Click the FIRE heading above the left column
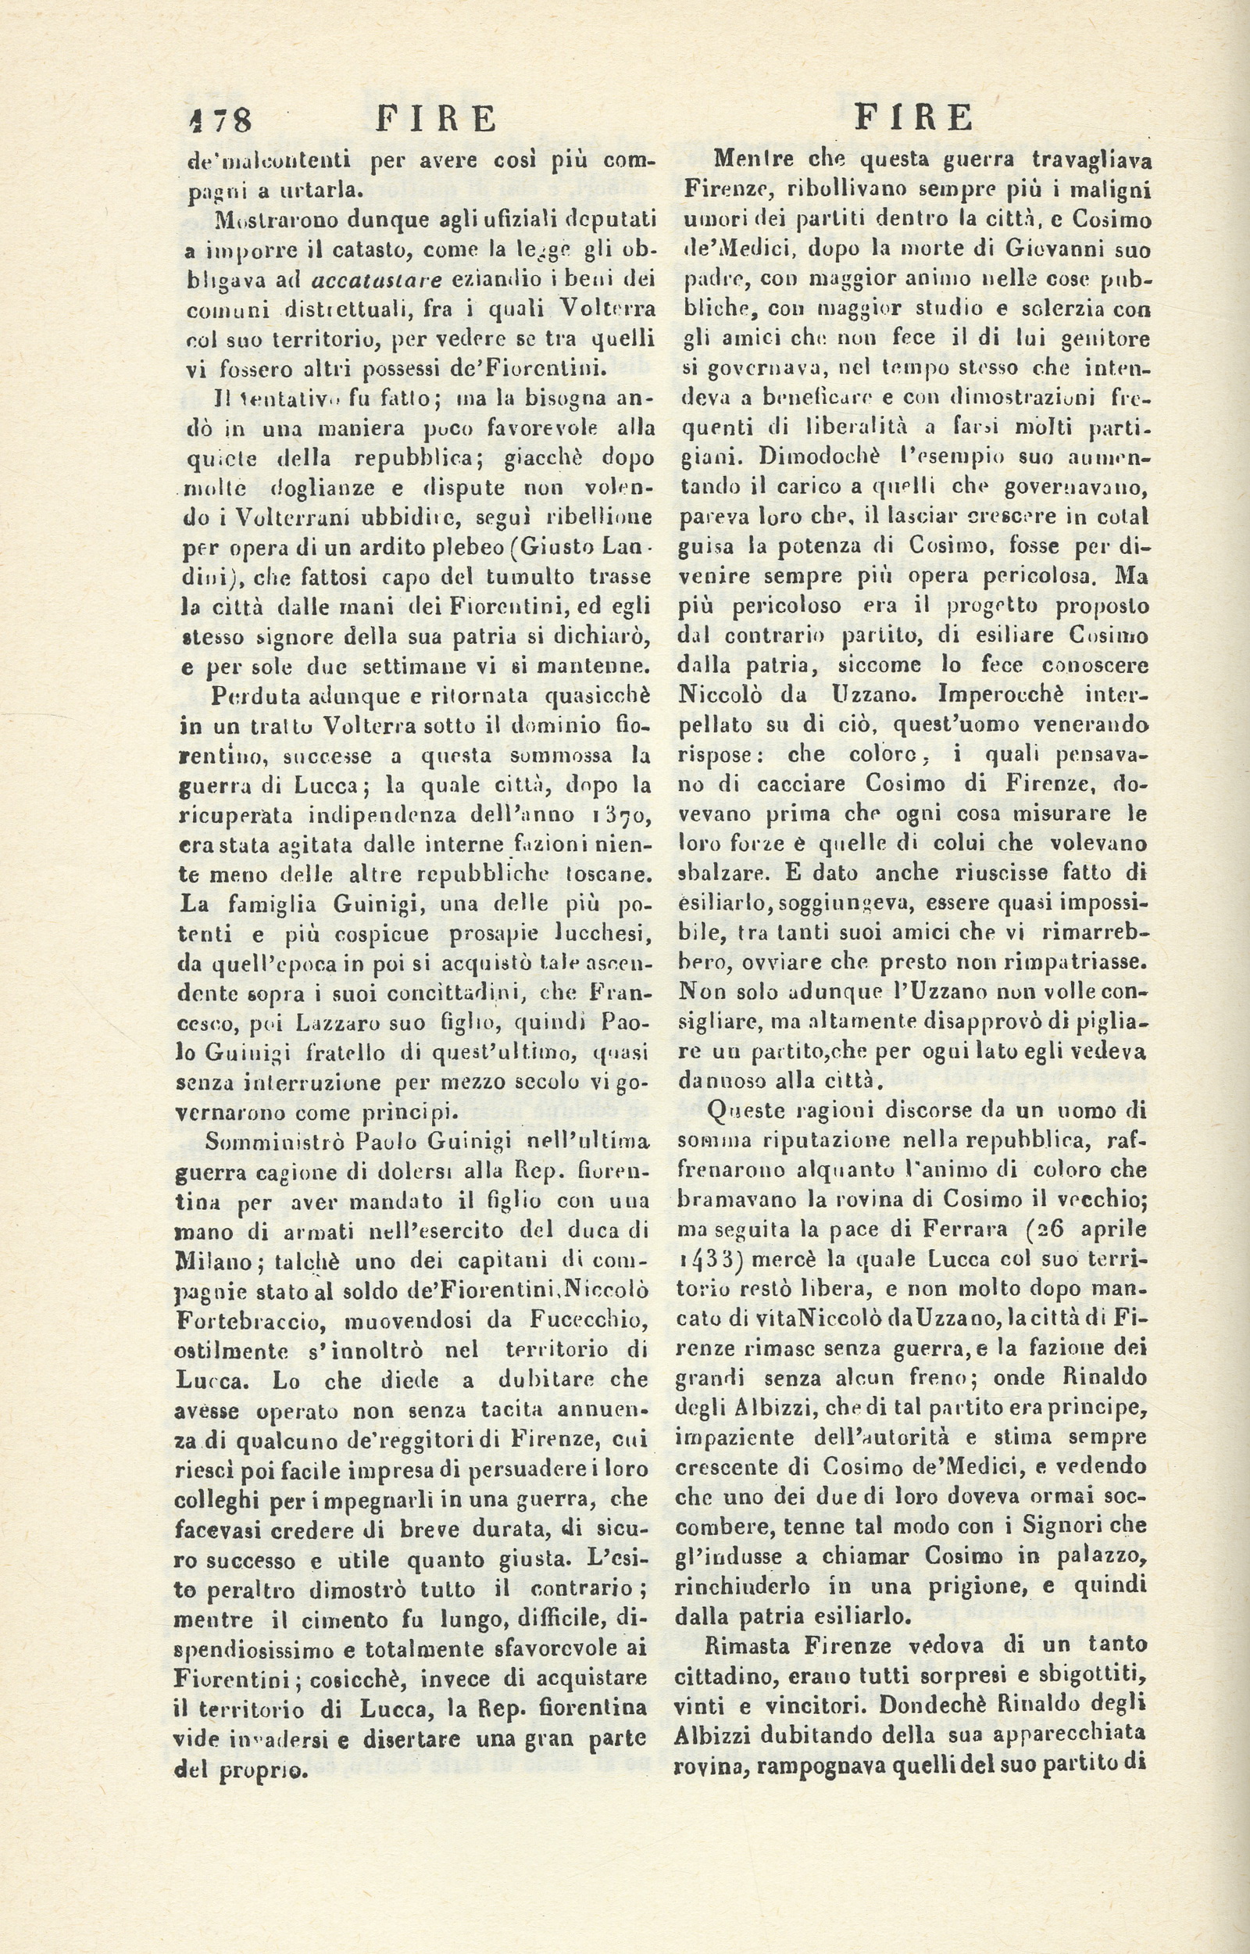point(437,120)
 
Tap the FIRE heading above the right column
point(914,119)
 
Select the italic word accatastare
point(377,281)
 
